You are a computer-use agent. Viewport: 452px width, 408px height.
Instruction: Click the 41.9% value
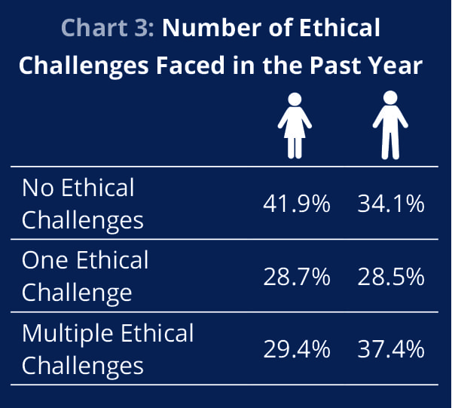297,204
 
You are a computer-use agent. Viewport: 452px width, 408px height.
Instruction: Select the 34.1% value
391,204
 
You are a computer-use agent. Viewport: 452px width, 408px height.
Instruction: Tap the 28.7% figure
297,277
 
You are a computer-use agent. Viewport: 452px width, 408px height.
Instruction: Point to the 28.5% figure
391,277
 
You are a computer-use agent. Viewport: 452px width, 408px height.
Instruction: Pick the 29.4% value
297,349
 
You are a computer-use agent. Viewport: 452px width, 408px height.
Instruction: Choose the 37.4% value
391,349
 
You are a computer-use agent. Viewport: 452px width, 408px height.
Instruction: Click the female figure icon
295,125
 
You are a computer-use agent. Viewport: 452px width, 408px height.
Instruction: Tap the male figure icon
390,125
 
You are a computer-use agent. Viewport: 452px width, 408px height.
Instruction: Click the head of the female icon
295,100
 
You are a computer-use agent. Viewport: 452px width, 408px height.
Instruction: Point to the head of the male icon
390,97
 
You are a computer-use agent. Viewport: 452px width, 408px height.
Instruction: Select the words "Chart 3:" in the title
108,28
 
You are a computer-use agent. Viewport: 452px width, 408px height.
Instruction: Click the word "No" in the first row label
38,188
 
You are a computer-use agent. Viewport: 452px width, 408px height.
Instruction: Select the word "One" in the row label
44,260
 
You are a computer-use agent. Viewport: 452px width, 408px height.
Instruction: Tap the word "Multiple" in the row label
67,334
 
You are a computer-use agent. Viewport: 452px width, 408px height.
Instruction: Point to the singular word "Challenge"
77,293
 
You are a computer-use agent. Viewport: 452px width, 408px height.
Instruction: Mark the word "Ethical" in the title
340,28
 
